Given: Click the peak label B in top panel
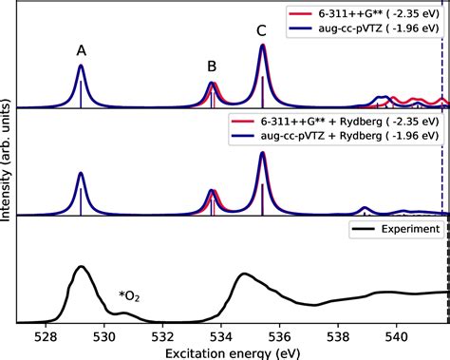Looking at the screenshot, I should coord(213,66).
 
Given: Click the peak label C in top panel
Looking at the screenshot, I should coord(262,31).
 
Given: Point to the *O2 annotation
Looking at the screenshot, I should coord(129,295).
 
